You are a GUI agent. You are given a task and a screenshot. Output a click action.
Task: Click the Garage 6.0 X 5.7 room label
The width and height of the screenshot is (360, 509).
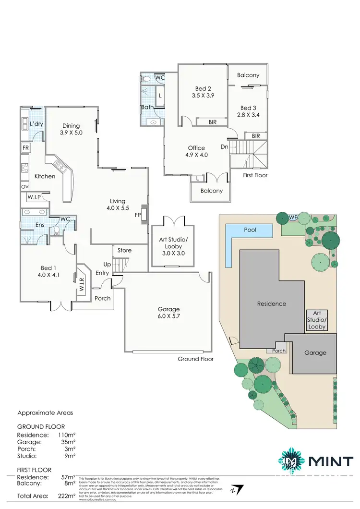pos(168,313)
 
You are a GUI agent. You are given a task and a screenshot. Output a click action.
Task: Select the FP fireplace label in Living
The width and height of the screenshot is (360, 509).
pos(138,215)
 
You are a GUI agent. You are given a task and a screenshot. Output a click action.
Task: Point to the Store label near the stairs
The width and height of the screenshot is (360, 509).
pos(124,250)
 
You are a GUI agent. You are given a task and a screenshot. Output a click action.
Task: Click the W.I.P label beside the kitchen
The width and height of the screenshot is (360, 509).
pos(34,196)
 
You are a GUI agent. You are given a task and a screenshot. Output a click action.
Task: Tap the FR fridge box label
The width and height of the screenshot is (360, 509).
pos(25,148)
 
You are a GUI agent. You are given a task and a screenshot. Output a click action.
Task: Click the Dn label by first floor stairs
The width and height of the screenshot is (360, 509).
pos(224,147)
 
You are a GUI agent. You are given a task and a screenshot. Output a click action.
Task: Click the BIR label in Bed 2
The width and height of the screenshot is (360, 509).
pos(213,122)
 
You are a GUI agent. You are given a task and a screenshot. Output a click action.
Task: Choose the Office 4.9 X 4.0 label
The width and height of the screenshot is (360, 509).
pos(196,151)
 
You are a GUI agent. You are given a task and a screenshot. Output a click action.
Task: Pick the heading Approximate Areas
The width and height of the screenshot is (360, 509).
pos(45,412)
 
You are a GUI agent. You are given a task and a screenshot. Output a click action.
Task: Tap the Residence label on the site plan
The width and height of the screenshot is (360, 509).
pos(271,303)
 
